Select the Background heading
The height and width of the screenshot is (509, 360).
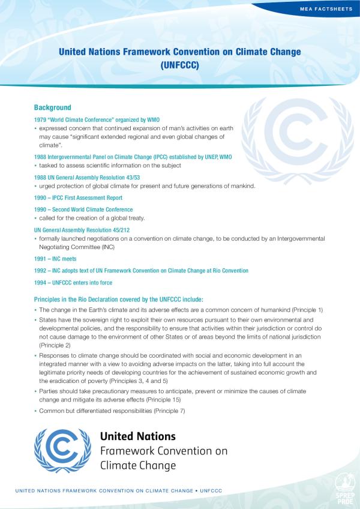(x=53, y=107)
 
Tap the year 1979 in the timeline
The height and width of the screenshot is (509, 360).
(x=40, y=120)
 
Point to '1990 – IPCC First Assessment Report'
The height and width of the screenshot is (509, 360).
(x=79, y=197)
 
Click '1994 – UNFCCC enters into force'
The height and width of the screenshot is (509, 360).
(x=73, y=283)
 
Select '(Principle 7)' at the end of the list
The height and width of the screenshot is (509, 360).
(x=170, y=411)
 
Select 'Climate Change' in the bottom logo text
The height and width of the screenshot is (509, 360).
(x=138, y=465)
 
